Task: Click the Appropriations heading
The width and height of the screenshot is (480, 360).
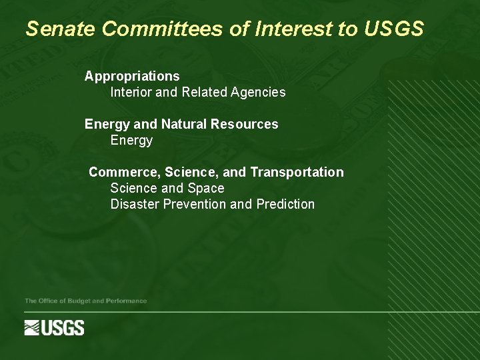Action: click(132, 77)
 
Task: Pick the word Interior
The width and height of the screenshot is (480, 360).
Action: click(131, 93)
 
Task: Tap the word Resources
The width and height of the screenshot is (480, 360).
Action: click(244, 125)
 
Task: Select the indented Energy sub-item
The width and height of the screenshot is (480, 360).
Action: click(131, 141)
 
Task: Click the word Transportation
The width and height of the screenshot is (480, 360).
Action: click(297, 173)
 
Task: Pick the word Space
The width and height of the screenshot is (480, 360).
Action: click(206, 189)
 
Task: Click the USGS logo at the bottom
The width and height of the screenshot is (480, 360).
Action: click(55, 328)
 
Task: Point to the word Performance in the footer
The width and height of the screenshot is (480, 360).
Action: click(125, 301)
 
